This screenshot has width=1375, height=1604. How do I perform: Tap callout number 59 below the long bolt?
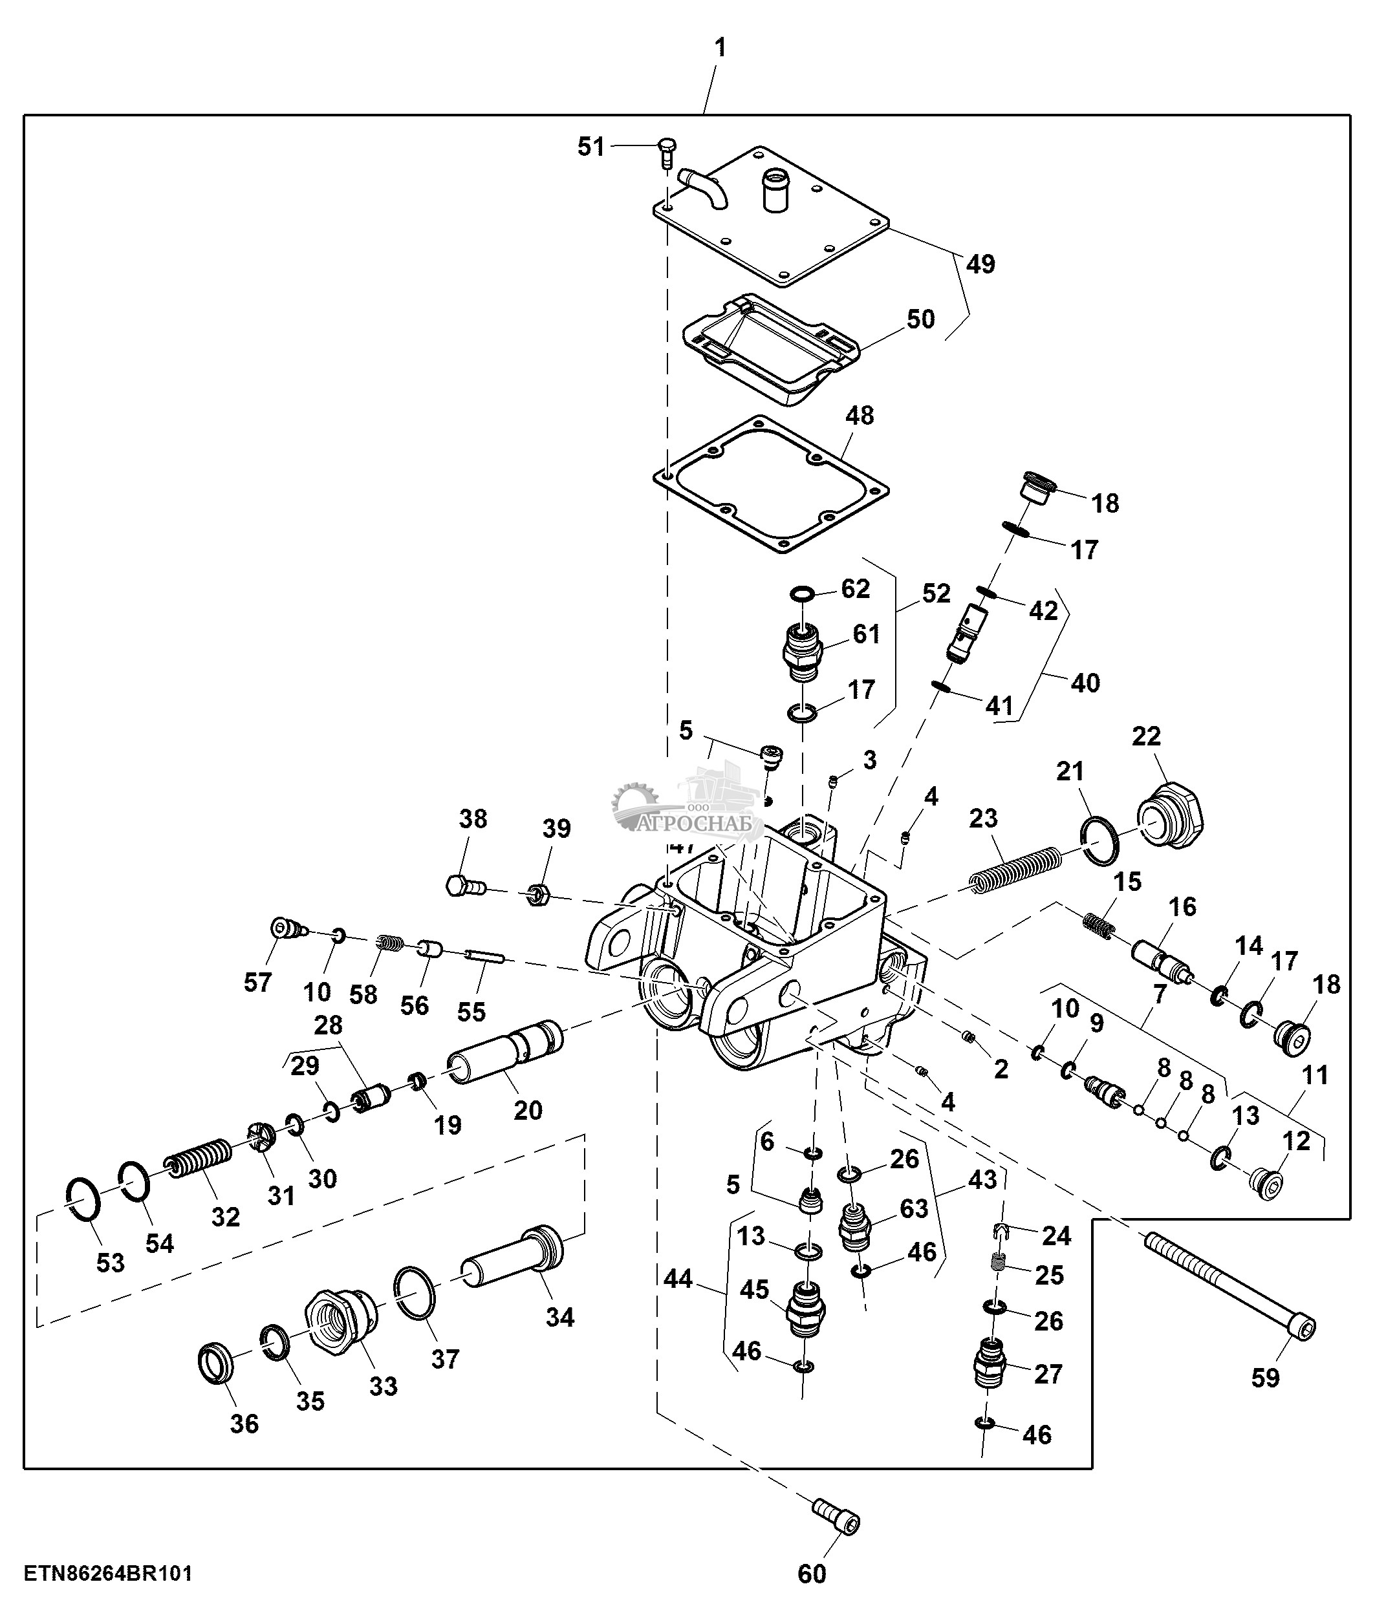tap(1265, 1400)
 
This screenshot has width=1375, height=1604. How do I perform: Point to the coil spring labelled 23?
tap(1015, 870)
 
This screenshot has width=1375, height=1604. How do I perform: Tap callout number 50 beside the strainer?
tap(920, 319)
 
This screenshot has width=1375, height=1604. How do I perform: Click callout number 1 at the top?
tap(720, 48)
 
